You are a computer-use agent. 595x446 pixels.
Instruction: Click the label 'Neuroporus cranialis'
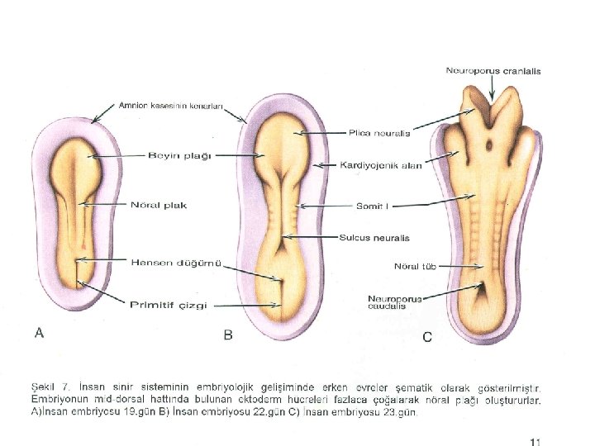pyautogui.click(x=493, y=71)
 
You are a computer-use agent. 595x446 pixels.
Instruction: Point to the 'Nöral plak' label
pyautogui.click(x=159, y=205)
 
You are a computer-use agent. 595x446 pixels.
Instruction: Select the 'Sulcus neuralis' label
pyautogui.click(x=374, y=238)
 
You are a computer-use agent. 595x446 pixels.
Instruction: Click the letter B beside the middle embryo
pyautogui.click(x=230, y=334)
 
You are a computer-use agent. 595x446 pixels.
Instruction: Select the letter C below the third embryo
pyautogui.click(x=427, y=336)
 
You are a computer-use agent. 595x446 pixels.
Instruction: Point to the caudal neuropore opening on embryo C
pyautogui.click(x=482, y=289)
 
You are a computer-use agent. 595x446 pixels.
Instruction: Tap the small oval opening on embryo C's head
pyautogui.click(x=489, y=146)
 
